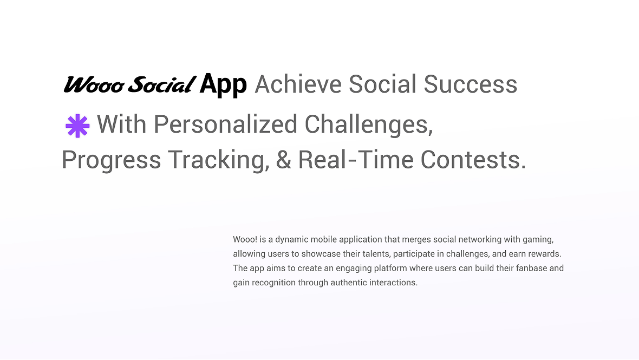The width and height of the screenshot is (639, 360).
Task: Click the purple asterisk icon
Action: point(77,126)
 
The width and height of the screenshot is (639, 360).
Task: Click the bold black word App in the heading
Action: point(223,85)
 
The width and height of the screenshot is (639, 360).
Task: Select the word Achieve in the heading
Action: point(298,84)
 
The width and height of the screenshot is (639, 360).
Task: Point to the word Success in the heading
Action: point(470,84)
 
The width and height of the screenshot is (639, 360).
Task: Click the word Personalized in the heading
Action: point(225,124)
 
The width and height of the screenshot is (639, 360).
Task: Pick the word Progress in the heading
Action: point(111,160)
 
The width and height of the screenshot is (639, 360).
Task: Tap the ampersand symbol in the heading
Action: point(283,160)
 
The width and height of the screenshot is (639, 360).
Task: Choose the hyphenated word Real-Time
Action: point(356,160)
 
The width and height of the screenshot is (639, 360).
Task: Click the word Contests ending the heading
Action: point(473,160)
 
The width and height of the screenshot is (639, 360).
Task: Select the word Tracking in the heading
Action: point(219,160)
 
